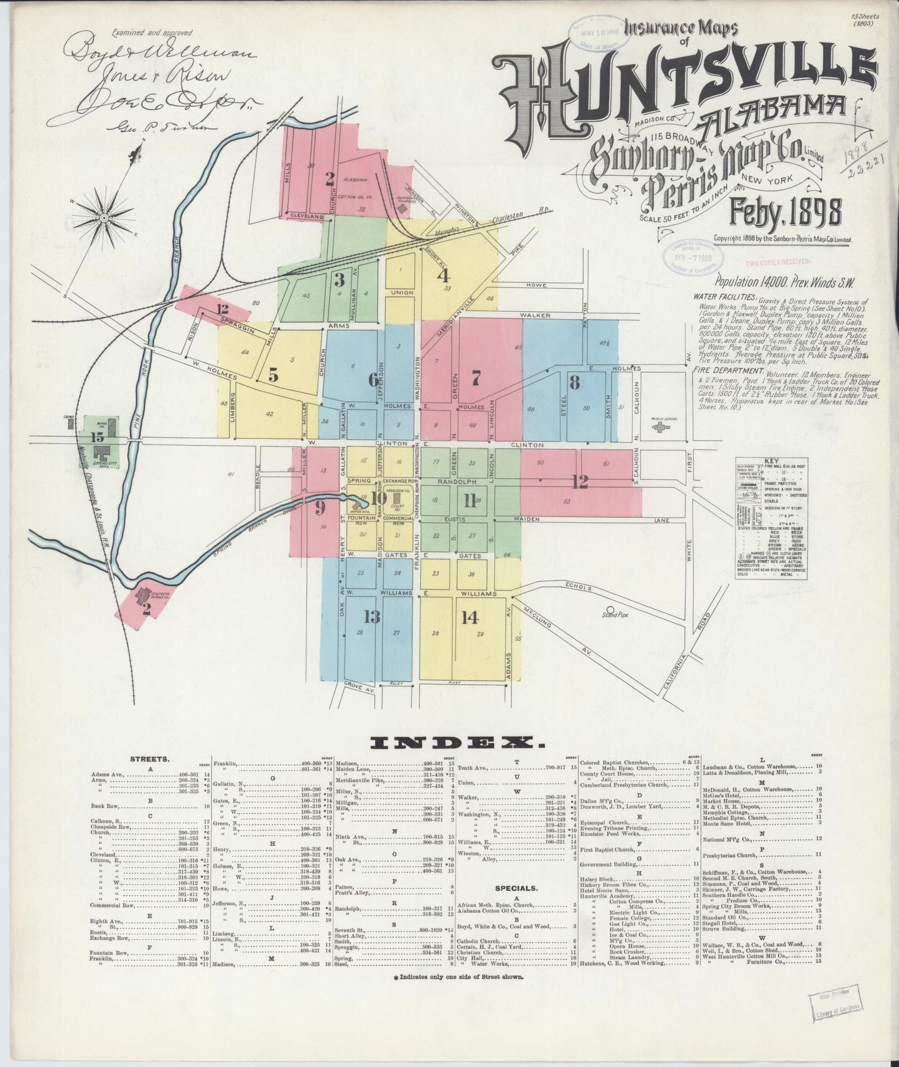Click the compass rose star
[x=105, y=218]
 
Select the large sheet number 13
[x=371, y=616]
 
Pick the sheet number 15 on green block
[x=96, y=436]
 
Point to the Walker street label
[x=537, y=315]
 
